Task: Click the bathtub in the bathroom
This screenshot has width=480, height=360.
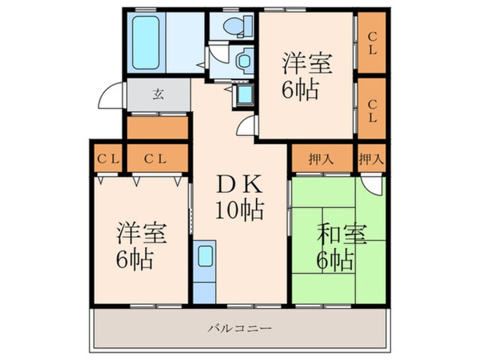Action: coord(146,42)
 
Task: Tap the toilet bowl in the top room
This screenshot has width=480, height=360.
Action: coord(237,26)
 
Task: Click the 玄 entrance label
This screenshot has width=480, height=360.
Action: coord(158,94)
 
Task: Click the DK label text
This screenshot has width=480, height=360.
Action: coord(239,184)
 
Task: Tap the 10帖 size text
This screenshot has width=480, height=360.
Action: coord(239,211)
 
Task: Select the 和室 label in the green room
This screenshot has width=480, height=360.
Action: coord(342,235)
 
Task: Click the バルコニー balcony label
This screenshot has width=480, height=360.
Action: coord(239,329)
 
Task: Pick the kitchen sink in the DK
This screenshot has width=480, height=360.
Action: coord(204,257)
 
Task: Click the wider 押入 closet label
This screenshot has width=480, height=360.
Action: coord(321,159)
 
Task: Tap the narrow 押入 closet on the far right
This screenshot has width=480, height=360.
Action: coord(371,158)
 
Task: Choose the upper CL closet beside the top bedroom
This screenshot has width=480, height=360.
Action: coord(372,43)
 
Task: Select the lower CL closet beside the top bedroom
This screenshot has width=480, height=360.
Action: coord(372,108)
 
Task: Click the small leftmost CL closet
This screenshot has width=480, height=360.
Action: coord(108,158)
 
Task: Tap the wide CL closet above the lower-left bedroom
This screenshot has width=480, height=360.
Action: coord(157,158)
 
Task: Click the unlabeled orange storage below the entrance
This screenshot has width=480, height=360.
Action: coord(157,128)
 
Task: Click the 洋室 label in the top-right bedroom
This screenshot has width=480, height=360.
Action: coord(307,64)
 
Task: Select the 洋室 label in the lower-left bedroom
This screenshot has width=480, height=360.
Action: coord(142,233)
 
